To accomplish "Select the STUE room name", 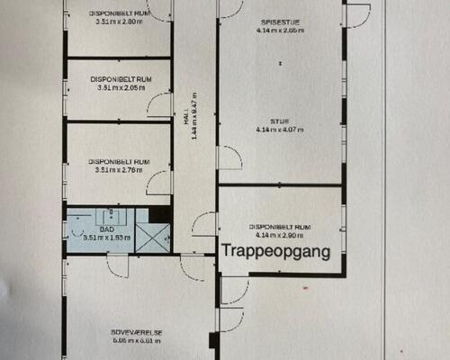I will pos(280,120).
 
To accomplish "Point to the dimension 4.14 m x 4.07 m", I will pos(280,130).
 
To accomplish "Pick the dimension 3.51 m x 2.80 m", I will pos(118,23).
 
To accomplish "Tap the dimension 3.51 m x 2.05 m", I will pos(119,88).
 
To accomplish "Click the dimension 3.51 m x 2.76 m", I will pos(119,168).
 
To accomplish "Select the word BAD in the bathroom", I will pos(106,229).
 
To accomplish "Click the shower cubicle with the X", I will pos(152,237).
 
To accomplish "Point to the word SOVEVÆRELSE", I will pos(138,332).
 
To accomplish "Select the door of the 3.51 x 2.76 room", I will pos(159,183).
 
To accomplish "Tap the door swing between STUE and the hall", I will pos(229,158).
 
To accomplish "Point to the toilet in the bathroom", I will pos(75,229).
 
